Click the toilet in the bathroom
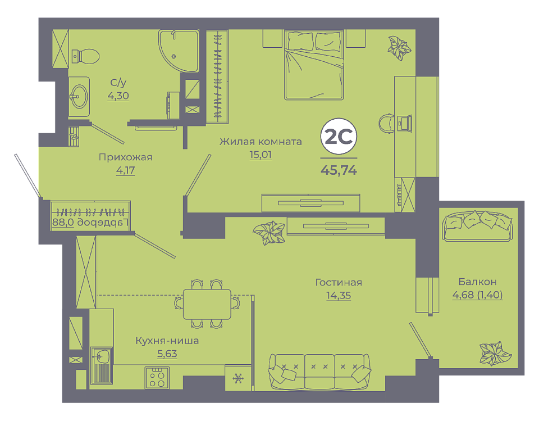click(x=85, y=56)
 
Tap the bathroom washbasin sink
click(x=79, y=96)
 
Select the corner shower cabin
click(x=179, y=51)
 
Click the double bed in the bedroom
click(x=314, y=65)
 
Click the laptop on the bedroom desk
click(x=404, y=123)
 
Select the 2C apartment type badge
click(x=339, y=137)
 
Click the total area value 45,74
click(x=339, y=170)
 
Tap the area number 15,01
click(x=261, y=155)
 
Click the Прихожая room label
click(x=125, y=157)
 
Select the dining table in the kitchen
click(x=207, y=304)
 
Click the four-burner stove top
click(x=157, y=378)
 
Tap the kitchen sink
click(x=101, y=365)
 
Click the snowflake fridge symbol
click(x=238, y=379)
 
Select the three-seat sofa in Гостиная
click(x=319, y=372)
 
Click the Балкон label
click(x=477, y=282)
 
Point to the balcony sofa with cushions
click(x=478, y=226)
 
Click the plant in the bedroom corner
click(x=399, y=47)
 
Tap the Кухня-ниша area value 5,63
click(x=167, y=354)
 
